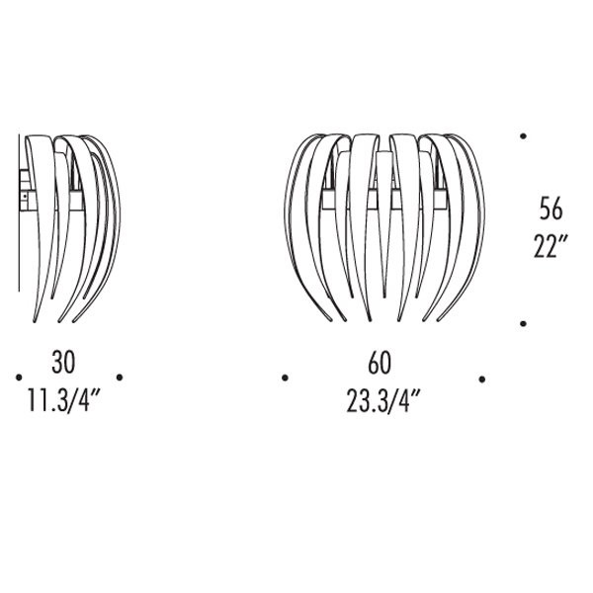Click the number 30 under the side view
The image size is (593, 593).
click(x=63, y=362)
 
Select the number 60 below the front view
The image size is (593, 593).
click(x=380, y=363)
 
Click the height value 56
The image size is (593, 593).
click(x=551, y=209)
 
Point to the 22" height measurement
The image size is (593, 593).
click(x=551, y=246)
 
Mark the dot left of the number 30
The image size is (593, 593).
click(x=19, y=378)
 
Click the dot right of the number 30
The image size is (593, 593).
click(x=120, y=378)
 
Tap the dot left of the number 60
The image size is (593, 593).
click(x=286, y=378)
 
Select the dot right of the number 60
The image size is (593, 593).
click(x=482, y=379)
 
